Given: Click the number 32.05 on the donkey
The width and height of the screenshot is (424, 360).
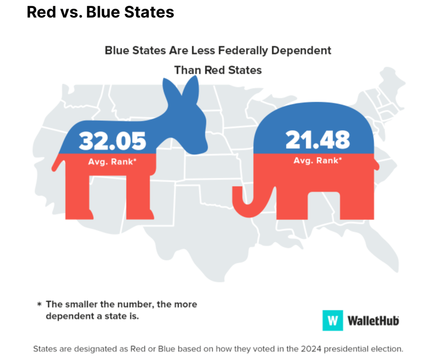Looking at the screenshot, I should point(113,141).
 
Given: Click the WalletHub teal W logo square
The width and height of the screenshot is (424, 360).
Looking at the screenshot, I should point(333,320).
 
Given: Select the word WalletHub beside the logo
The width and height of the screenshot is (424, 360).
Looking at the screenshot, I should point(373,321).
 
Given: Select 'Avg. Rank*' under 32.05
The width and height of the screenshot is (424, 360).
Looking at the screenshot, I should point(112,162).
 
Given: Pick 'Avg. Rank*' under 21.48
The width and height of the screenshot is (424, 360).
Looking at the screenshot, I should point(318,160).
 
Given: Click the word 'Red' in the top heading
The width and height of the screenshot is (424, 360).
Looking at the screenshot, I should point(40,12).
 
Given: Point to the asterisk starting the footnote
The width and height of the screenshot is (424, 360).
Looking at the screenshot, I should point(39,304).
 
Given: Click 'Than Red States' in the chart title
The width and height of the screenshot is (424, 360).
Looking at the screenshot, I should point(218,70).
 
